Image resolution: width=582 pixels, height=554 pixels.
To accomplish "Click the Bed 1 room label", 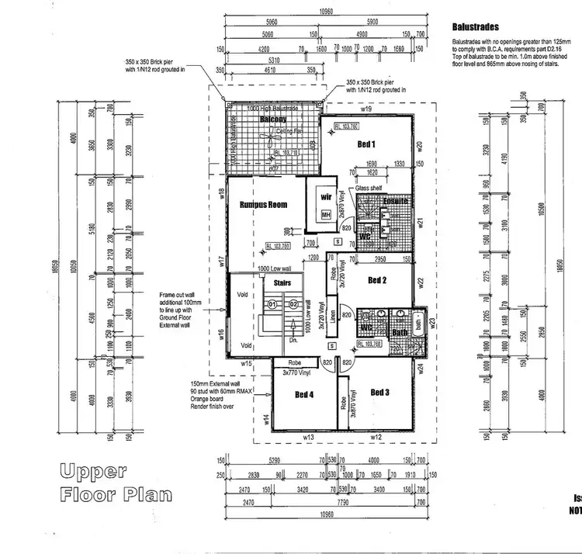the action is coord(365,144).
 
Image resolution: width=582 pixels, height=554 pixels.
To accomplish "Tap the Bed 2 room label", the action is coord(376,280).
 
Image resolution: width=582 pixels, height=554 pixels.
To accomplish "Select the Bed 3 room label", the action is coord(379,393).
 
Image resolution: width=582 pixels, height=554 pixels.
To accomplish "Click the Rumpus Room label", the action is coord(263,205).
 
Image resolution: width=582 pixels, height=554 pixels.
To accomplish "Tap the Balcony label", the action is coord(272,119).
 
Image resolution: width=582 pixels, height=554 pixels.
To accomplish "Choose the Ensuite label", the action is coord(393,202).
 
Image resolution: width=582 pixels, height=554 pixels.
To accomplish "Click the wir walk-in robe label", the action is coord(326,197).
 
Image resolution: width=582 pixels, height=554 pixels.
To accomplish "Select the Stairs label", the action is coord(282,283).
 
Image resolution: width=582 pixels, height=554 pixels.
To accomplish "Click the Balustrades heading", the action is coord(474,26).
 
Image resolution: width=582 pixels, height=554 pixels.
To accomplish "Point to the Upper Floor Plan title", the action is coord(115,482).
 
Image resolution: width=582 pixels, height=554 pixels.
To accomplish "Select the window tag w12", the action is coord(376,438).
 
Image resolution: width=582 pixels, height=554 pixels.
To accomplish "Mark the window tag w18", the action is coord(222,192).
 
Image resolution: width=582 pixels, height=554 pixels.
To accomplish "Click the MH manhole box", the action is coord(326,215).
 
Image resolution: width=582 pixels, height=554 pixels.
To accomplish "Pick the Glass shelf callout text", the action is coord(369,189).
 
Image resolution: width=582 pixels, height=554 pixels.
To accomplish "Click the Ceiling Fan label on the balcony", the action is coord(289,133).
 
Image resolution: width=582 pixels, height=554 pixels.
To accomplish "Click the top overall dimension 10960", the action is coord(325,12).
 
